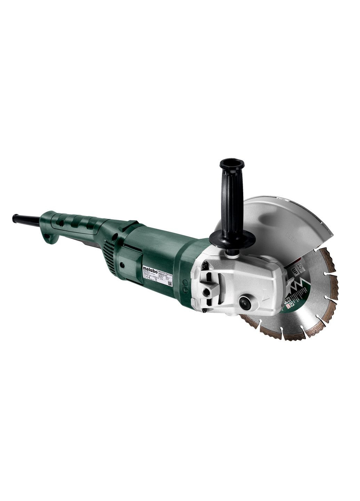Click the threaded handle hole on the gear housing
[x=208, y=293]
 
